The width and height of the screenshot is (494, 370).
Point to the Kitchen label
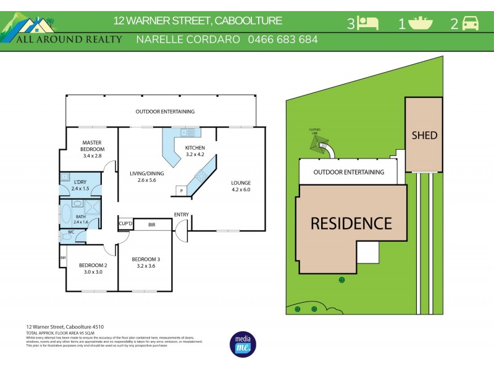[195, 148]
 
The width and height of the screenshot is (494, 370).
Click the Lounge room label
[241, 183]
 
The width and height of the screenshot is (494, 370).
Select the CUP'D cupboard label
[125, 224]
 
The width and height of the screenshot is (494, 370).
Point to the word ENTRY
[182, 215]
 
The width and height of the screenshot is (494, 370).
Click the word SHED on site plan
[424, 135]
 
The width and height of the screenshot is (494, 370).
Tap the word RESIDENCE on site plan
[351, 223]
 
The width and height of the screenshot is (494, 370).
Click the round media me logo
[242, 344]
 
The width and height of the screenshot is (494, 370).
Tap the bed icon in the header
[369, 23]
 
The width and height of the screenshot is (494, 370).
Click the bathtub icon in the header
[420, 23]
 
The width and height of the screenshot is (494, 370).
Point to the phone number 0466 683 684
[283, 39]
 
